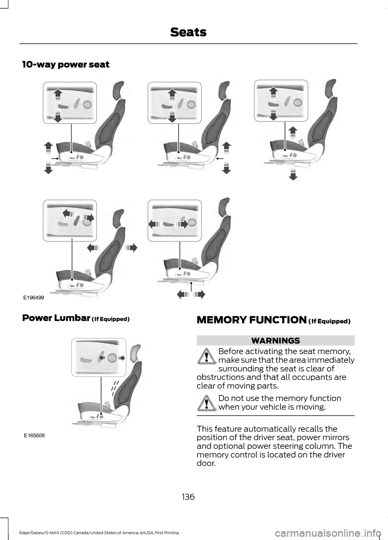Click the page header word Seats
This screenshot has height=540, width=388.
pyautogui.click(x=188, y=32)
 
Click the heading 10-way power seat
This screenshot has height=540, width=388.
pyautogui.click(x=66, y=65)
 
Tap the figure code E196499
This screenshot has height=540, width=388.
pyautogui.click(x=33, y=298)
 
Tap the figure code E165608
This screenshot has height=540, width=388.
pyautogui.click(x=34, y=436)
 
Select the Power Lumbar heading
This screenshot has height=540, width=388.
pyautogui.click(x=76, y=318)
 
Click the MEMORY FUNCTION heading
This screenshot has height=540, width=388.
pyautogui.click(x=273, y=320)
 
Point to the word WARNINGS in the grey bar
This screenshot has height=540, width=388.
pyautogui.click(x=276, y=340)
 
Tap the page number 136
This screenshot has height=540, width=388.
pyautogui.click(x=188, y=497)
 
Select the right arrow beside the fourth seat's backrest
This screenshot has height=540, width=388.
pyautogui.click(x=131, y=247)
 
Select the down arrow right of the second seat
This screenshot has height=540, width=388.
pyautogui.click(x=227, y=167)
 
